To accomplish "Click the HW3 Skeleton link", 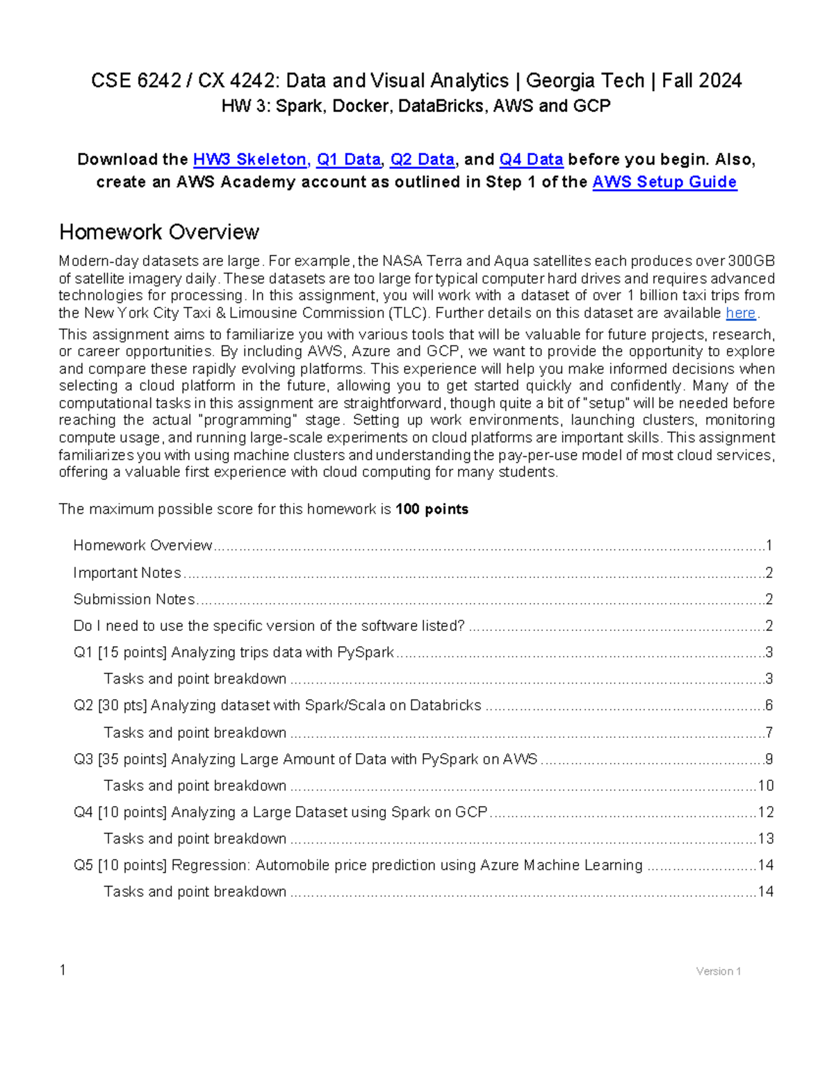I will (250, 160).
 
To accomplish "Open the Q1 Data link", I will (348, 160).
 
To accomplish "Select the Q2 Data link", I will (422, 160).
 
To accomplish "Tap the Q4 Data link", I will (531, 160).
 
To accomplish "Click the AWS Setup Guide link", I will (664, 182).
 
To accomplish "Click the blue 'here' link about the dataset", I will (740, 313).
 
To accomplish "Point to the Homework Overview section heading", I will (159, 232).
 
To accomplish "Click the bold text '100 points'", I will (432, 509).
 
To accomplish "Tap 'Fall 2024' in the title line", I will (701, 81).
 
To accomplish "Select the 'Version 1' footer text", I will (718, 971).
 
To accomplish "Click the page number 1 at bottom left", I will (63, 970).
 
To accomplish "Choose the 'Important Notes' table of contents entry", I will (127, 573).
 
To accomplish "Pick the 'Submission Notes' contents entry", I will (134, 599).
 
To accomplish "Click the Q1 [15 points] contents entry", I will (234, 652).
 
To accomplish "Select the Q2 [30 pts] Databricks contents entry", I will (277, 705).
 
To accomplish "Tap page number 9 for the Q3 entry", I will (769, 759).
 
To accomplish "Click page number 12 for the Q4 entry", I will (765, 812).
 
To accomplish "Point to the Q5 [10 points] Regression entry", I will (358, 865).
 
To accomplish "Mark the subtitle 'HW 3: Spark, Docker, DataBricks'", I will (416, 106).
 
